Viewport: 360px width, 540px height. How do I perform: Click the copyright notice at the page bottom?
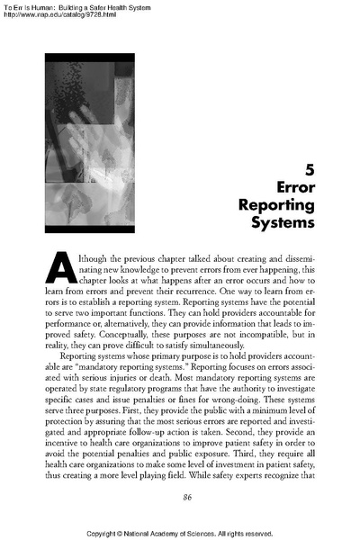pyautogui.click(x=180, y=533)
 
